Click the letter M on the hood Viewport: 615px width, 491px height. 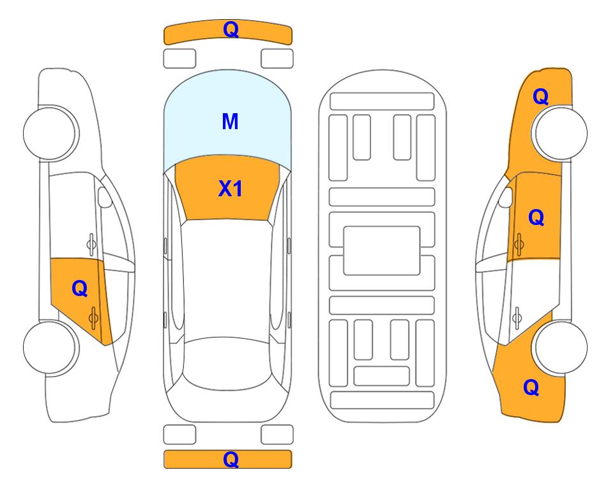point(230,121)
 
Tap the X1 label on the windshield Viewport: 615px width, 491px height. point(231,189)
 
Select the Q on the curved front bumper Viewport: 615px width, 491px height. point(231,29)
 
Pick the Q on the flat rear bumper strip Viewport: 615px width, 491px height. point(231,459)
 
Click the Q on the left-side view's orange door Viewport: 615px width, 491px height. point(80,289)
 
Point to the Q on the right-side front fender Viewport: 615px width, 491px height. point(540,97)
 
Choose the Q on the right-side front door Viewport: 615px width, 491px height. point(536,217)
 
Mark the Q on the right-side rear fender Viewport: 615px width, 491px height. point(531,387)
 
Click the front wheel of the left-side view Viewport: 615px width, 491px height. point(50,133)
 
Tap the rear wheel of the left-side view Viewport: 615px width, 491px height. point(50,347)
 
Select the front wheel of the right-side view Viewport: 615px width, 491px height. point(561,133)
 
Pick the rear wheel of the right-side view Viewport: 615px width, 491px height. point(561,347)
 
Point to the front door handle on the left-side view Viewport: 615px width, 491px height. point(91,244)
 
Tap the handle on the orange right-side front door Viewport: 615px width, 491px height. point(519,244)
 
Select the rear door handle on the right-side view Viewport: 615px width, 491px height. point(517,318)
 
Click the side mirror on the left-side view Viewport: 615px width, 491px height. point(104,197)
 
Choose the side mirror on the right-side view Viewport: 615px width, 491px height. point(506,197)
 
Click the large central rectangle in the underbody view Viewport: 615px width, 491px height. point(382,251)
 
